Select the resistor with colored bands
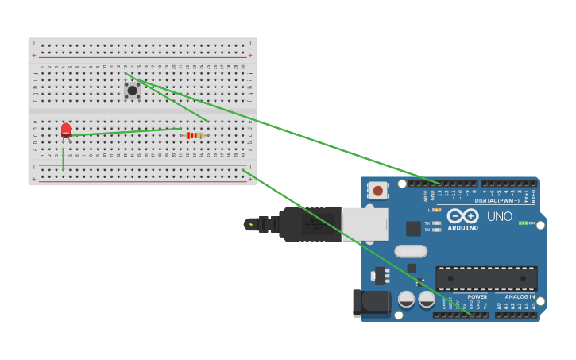pyautogui.click(x=194, y=135)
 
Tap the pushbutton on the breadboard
pyautogui.click(x=132, y=90)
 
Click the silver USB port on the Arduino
pyautogui.click(x=365, y=224)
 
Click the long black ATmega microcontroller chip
pyautogui.click(x=486, y=278)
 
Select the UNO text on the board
pyautogui.click(x=500, y=216)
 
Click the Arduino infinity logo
pyautogui.click(x=462, y=215)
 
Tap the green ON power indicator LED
pyautogui.click(x=522, y=223)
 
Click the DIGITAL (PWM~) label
pyautogui.click(x=497, y=200)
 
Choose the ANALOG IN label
pyautogui.click(x=520, y=296)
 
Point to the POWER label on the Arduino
pyautogui.click(x=477, y=296)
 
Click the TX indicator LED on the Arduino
pyautogui.click(x=436, y=223)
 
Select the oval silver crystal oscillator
pyautogui.click(x=411, y=251)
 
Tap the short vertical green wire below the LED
pyautogui.click(x=64, y=158)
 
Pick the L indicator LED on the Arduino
pyautogui.click(x=436, y=210)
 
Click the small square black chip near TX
pyautogui.click(x=413, y=229)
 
